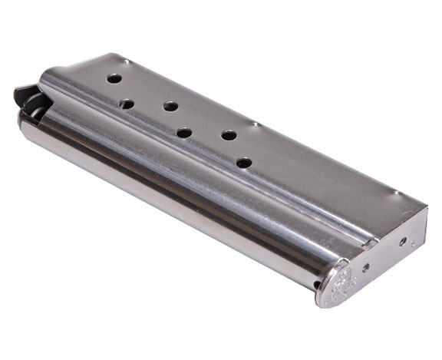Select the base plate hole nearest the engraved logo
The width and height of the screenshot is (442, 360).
365,267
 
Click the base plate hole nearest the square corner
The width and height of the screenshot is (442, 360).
403,240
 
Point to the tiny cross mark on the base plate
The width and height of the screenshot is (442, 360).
413,243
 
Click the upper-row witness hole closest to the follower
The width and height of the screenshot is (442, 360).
114,78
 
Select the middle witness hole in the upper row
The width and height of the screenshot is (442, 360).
170,106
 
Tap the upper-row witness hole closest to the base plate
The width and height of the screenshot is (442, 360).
229,135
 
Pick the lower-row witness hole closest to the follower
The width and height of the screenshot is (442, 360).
127,104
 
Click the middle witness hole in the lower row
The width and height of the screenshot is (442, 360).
184,133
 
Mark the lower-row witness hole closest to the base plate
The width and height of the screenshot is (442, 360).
243,163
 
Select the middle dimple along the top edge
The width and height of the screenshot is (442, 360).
254,123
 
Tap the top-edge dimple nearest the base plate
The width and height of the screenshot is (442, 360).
395,192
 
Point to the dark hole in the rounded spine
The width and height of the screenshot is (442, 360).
316,286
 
